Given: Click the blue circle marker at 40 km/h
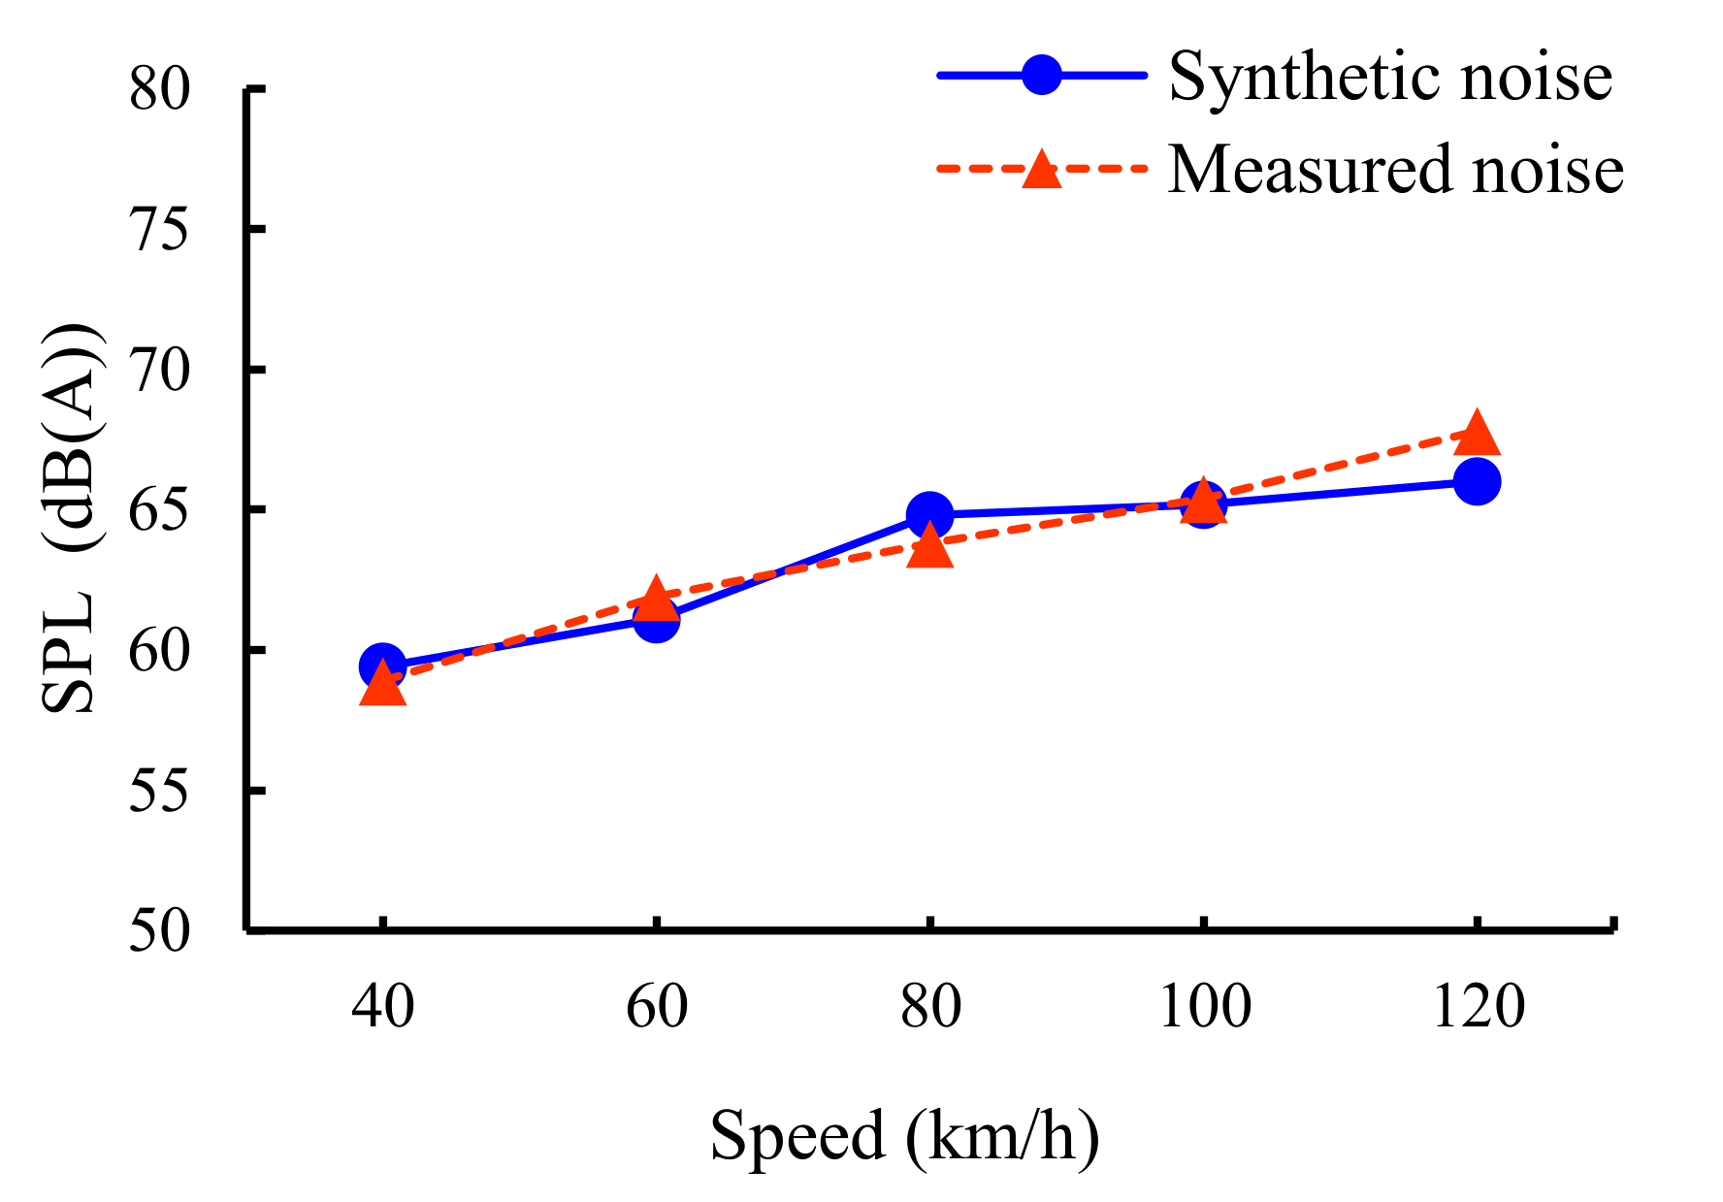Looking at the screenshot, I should (x=382, y=666).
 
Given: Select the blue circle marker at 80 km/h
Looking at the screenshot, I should (x=929, y=514).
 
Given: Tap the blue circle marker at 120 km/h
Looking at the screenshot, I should (x=1477, y=481).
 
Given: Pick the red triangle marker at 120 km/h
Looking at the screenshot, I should (x=1477, y=434).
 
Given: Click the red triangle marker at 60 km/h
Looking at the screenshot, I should (x=656, y=596).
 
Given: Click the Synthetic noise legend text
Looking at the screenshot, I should (x=1390, y=78).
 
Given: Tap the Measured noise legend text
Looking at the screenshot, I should (x=1395, y=170).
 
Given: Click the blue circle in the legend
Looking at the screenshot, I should (x=1042, y=75).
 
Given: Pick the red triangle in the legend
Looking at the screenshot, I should (x=1042, y=168).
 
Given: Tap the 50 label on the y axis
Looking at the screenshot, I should (x=160, y=932).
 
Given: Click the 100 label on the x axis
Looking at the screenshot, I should (x=1204, y=1006).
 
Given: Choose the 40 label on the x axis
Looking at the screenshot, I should (x=382, y=1006).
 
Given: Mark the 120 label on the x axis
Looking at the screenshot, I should (x=1478, y=1006).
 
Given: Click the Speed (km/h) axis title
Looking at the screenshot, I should (x=904, y=1136).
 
